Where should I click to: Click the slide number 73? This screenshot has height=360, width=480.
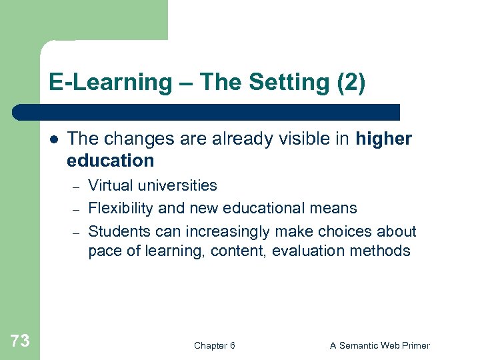coord(20,341)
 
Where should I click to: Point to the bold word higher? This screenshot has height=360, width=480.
coord(384,139)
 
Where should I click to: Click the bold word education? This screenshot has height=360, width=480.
coord(110,161)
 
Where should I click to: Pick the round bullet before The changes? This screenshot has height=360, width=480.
coord(53,139)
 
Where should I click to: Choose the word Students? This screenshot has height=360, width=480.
coord(117,231)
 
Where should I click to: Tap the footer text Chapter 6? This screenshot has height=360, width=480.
coord(214,345)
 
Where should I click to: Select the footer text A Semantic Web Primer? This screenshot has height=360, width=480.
coord(380,345)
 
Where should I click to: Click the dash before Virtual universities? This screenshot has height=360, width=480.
coord(77,186)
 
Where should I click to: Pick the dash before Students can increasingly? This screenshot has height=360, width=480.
coord(77,232)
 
